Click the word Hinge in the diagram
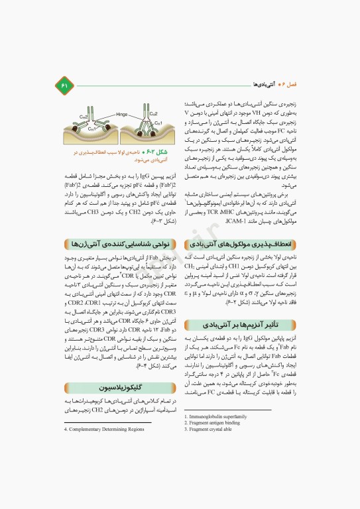pyautogui.click(x=121, y=114)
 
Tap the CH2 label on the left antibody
pyautogui.click(x=85, y=117)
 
